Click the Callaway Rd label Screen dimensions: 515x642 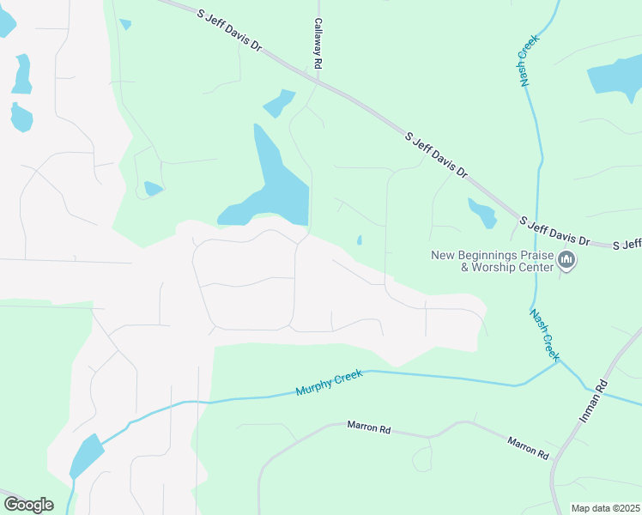click(318, 44)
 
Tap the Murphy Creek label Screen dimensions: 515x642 click(330, 382)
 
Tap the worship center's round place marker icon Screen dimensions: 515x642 click(566, 260)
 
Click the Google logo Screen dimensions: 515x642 click(28, 504)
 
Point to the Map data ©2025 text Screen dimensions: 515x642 click(604, 508)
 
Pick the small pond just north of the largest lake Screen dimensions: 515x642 click(278, 103)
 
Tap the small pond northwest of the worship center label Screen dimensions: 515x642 click(482, 212)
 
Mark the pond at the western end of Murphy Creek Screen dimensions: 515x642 click(85, 454)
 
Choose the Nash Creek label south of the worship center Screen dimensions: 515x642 click(544, 334)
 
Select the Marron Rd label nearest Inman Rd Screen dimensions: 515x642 click(527, 447)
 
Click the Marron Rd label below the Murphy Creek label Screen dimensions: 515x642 click(369, 427)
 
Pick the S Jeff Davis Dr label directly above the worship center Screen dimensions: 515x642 click(555, 229)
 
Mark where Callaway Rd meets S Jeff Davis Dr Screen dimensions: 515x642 click(318, 82)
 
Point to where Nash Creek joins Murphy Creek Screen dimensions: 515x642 click(557, 362)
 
